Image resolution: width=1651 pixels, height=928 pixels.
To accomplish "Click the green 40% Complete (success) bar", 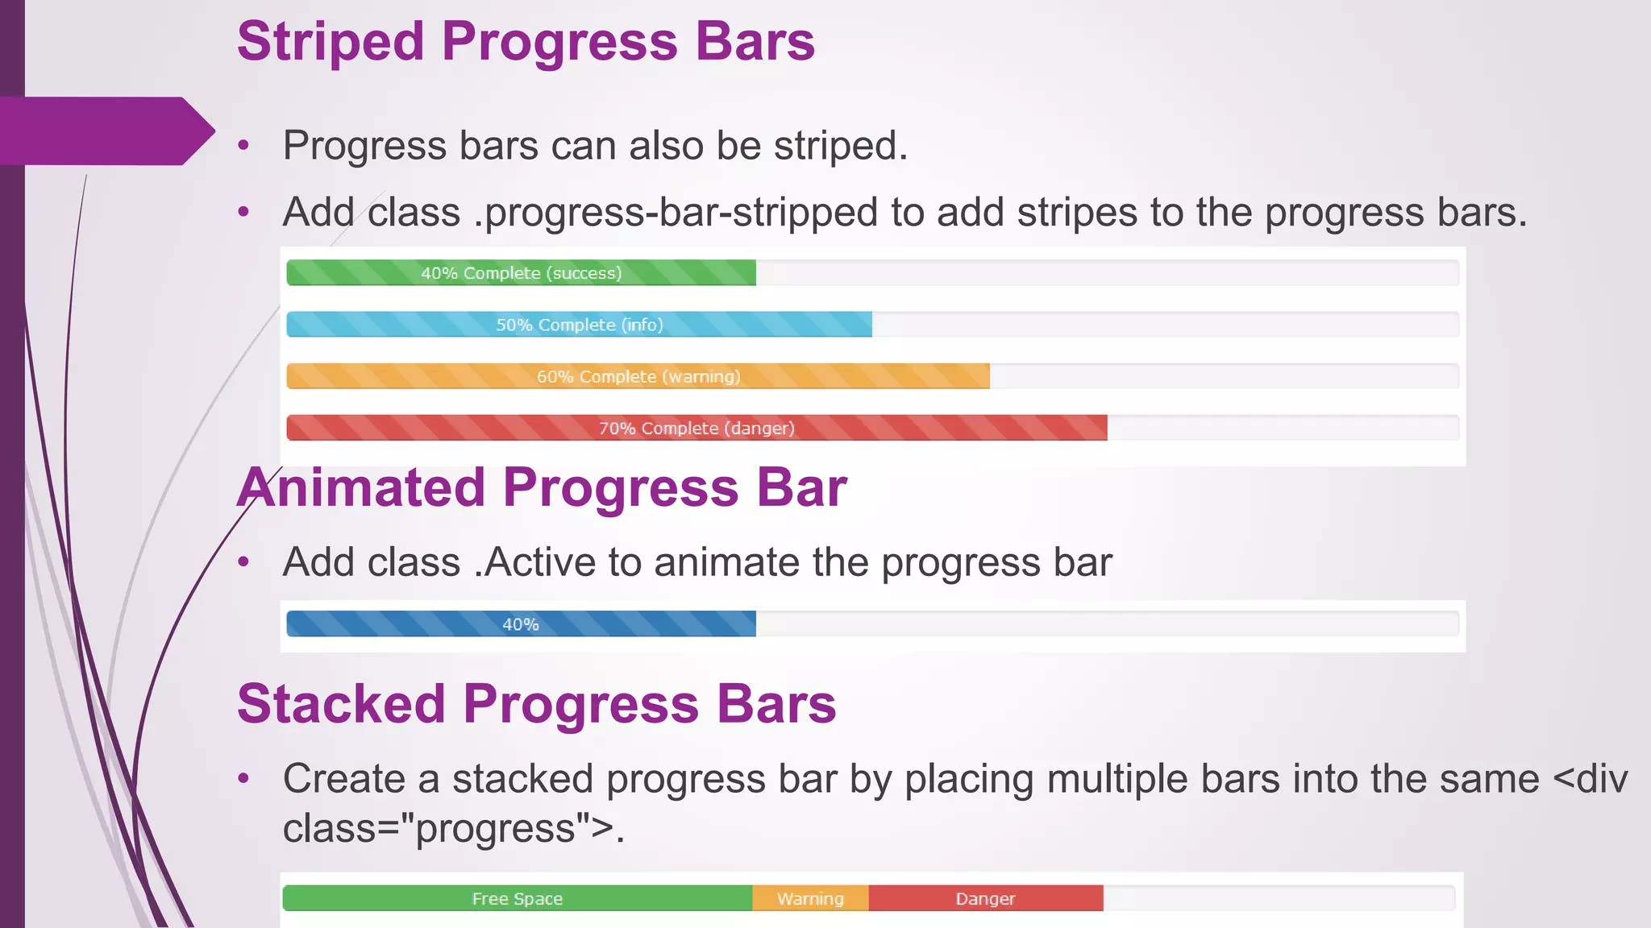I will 521,273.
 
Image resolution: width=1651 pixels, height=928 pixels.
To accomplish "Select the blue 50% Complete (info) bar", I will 579,325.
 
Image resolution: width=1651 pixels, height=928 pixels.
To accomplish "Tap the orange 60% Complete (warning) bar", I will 638,376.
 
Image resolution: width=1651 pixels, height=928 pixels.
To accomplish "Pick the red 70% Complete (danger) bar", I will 697,428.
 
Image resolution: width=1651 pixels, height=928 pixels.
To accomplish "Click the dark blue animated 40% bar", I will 521,624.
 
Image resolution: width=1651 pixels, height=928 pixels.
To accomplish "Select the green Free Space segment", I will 517,898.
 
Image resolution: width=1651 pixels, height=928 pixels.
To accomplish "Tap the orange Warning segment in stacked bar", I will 810,898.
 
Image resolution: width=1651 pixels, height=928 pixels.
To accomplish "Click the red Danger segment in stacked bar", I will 985,898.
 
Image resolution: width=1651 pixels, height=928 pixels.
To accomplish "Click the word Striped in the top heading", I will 331,42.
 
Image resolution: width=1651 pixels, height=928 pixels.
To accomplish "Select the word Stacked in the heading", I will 341,704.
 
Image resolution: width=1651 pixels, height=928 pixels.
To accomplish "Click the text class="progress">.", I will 451,829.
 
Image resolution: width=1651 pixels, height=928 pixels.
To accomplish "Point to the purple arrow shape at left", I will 105,130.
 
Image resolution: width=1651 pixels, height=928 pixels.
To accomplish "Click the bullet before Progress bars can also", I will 244,147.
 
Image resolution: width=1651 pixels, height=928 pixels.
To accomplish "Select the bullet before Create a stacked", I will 244,779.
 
